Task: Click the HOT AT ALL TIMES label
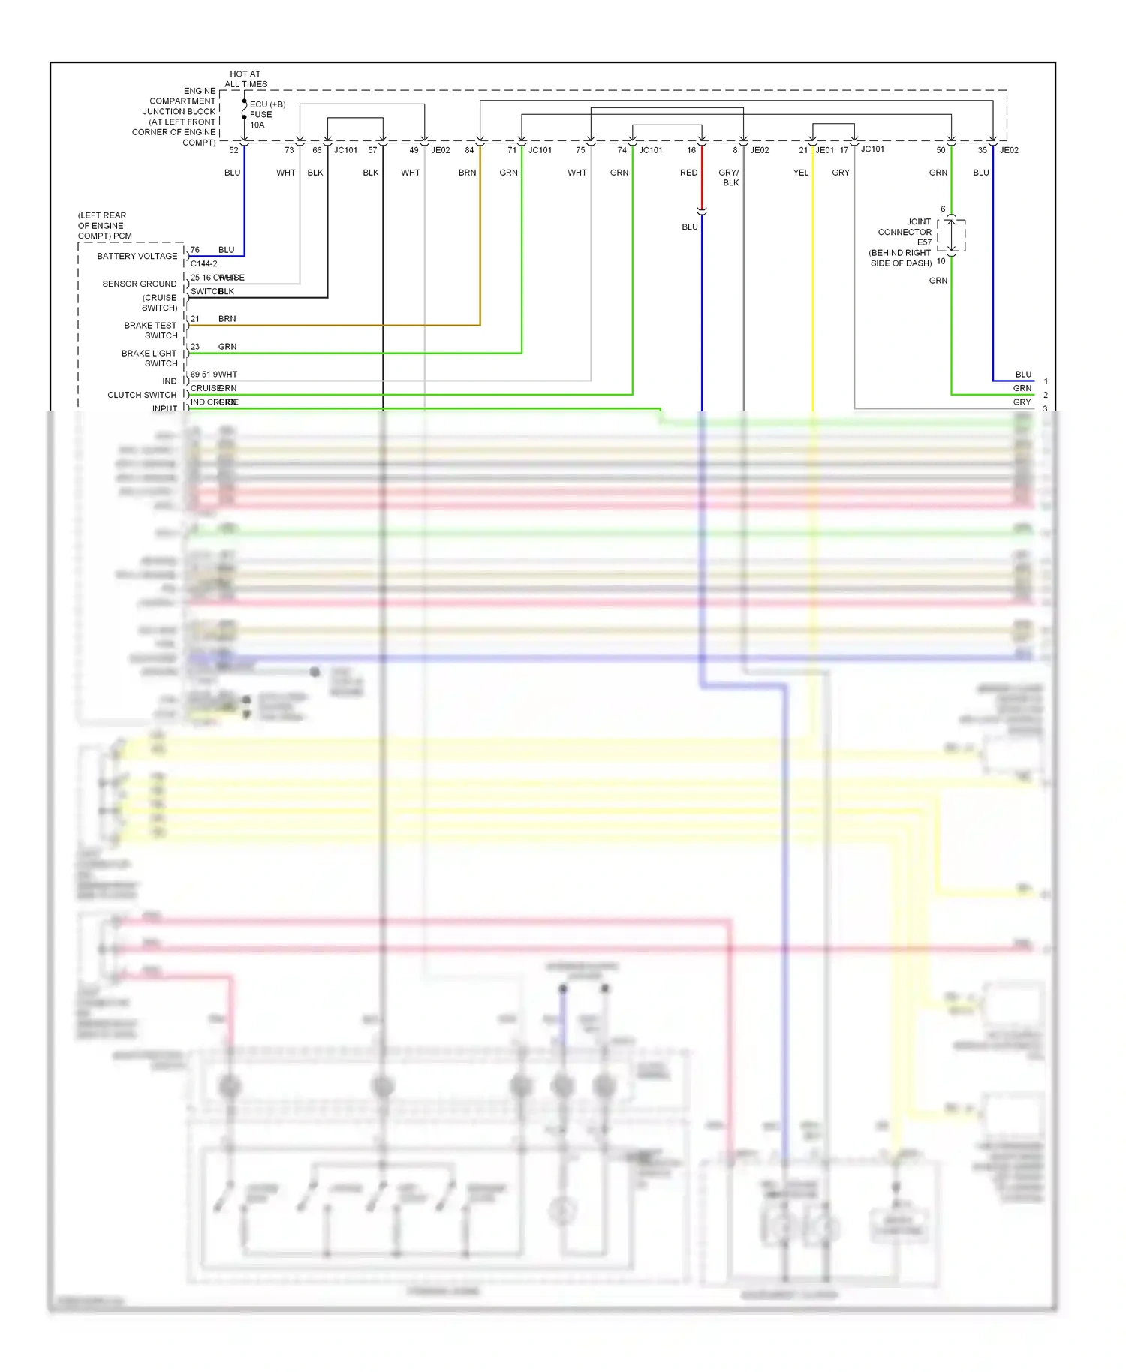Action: tap(245, 79)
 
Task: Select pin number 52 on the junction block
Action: tap(234, 150)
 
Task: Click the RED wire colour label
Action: tap(688, 173)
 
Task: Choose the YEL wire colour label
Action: tap(801, 173)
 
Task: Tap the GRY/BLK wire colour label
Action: tap(729, 178)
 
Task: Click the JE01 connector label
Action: tap(825, 150)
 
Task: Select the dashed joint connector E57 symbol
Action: tap(951, 235)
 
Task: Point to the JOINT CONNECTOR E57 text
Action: tap(905, 232)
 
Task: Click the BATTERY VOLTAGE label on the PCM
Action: tap(137, 256)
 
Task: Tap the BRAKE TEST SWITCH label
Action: tap(151, 330)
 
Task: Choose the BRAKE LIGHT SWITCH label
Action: tap(149, 358)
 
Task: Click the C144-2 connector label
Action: tap(204, 263)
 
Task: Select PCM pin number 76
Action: tap(195, 250)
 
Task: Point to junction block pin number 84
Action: tap(469, 150)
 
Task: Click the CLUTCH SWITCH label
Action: tap(142, 395)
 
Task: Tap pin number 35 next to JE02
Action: tap(983, 150)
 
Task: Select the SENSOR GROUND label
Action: tap(140, 284)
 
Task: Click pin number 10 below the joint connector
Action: tap(941, 261)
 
